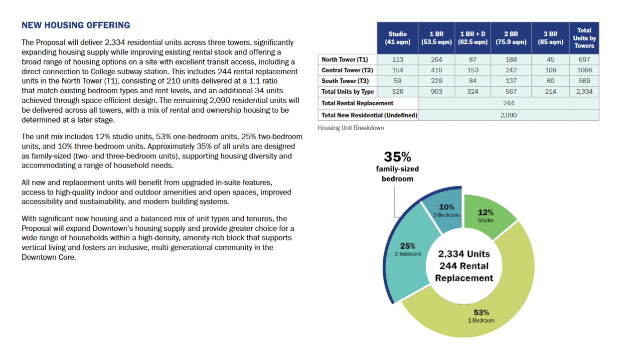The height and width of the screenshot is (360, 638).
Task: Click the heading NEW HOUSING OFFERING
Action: pos(76,25)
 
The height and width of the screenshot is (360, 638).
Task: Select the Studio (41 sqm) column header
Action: pos(397,38)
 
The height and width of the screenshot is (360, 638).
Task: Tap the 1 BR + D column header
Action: pos(473,38)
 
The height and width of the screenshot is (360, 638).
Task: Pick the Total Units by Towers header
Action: pos(584,38)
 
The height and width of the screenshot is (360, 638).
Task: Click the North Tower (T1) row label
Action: pos(345,59)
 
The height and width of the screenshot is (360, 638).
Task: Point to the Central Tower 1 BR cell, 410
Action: pos(436,70)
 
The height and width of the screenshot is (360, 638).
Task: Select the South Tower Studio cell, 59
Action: pos(397,81)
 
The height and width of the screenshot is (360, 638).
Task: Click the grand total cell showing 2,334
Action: pos(584,92)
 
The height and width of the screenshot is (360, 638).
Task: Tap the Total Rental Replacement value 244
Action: pos(508,103)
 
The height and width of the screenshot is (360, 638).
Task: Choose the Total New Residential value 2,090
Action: pos(508,115)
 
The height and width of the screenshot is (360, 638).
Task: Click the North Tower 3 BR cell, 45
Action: pos(550,59)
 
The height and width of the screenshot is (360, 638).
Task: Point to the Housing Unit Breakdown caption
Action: pos(351,128)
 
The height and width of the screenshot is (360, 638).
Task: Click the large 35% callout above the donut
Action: pos(397,157)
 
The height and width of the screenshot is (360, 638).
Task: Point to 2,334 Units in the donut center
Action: pos(464,254)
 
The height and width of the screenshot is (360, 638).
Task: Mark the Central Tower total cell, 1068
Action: pos(584,70)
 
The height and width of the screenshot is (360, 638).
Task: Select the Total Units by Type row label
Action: pos(348,92)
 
